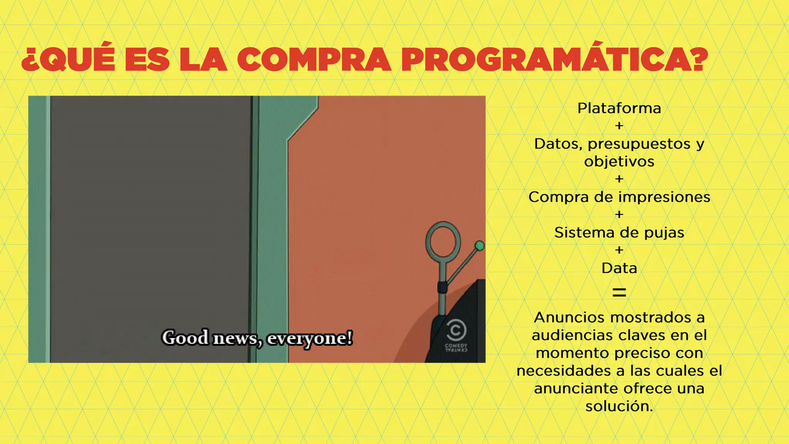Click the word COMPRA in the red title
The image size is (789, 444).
(314, 60)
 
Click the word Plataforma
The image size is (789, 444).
(619, 108)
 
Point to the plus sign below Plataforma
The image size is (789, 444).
(619, 126)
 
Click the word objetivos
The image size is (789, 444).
(619, 161)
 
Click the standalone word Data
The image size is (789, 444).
(619, 268)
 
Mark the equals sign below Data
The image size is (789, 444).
(619, 293)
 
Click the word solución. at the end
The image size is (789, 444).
(619, 406)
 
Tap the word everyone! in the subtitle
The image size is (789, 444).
(310, 338)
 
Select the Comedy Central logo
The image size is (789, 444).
(456, 336)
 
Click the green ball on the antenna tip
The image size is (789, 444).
(480, 246)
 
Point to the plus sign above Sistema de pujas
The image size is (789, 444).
(619, 215)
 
